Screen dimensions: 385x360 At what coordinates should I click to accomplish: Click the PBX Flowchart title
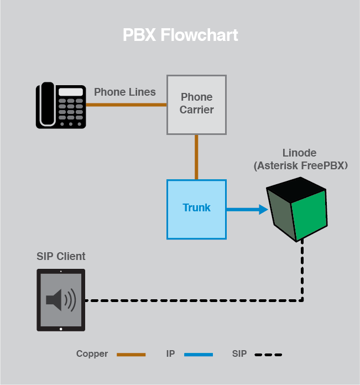coord(180,35)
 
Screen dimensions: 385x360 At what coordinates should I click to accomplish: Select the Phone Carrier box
coord(196,105)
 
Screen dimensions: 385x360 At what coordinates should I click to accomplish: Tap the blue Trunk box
coord(196,209)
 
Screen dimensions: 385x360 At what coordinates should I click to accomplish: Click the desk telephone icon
coord(61,106)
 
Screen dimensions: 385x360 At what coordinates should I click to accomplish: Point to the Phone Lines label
coord(124,92)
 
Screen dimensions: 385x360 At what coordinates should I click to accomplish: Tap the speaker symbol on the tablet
coord(60,300)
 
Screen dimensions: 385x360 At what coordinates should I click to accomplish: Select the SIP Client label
coord(61,257)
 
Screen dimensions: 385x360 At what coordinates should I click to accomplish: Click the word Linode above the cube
coord(300,153)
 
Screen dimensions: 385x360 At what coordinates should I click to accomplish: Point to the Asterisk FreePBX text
coord(301,165)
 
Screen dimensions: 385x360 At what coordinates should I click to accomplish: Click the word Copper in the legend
coord(92,354)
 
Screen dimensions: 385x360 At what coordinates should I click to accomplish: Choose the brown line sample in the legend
coord(131,355)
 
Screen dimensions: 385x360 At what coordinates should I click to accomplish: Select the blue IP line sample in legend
coord(198,355)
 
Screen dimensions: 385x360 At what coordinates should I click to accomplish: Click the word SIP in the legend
coord(239,354)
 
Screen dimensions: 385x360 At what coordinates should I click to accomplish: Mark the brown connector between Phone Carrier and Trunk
coord(196,157)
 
